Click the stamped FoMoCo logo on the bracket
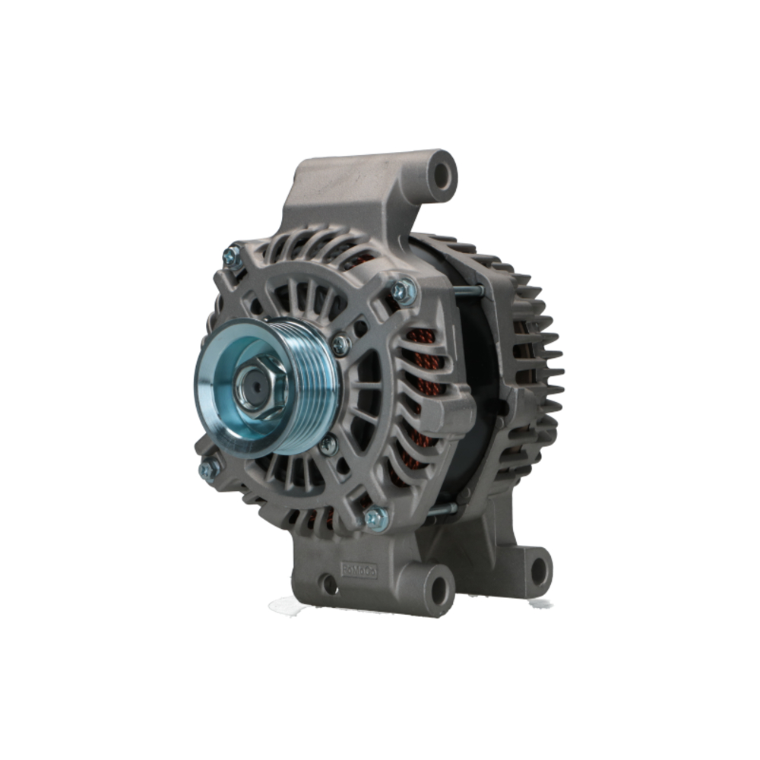coord(359,568)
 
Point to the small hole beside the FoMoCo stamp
coord(328,584)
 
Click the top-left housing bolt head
coord(232,256)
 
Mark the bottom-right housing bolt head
coord(375,518)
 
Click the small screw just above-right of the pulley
coord(341,344)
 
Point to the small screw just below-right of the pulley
coord(328,445)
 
